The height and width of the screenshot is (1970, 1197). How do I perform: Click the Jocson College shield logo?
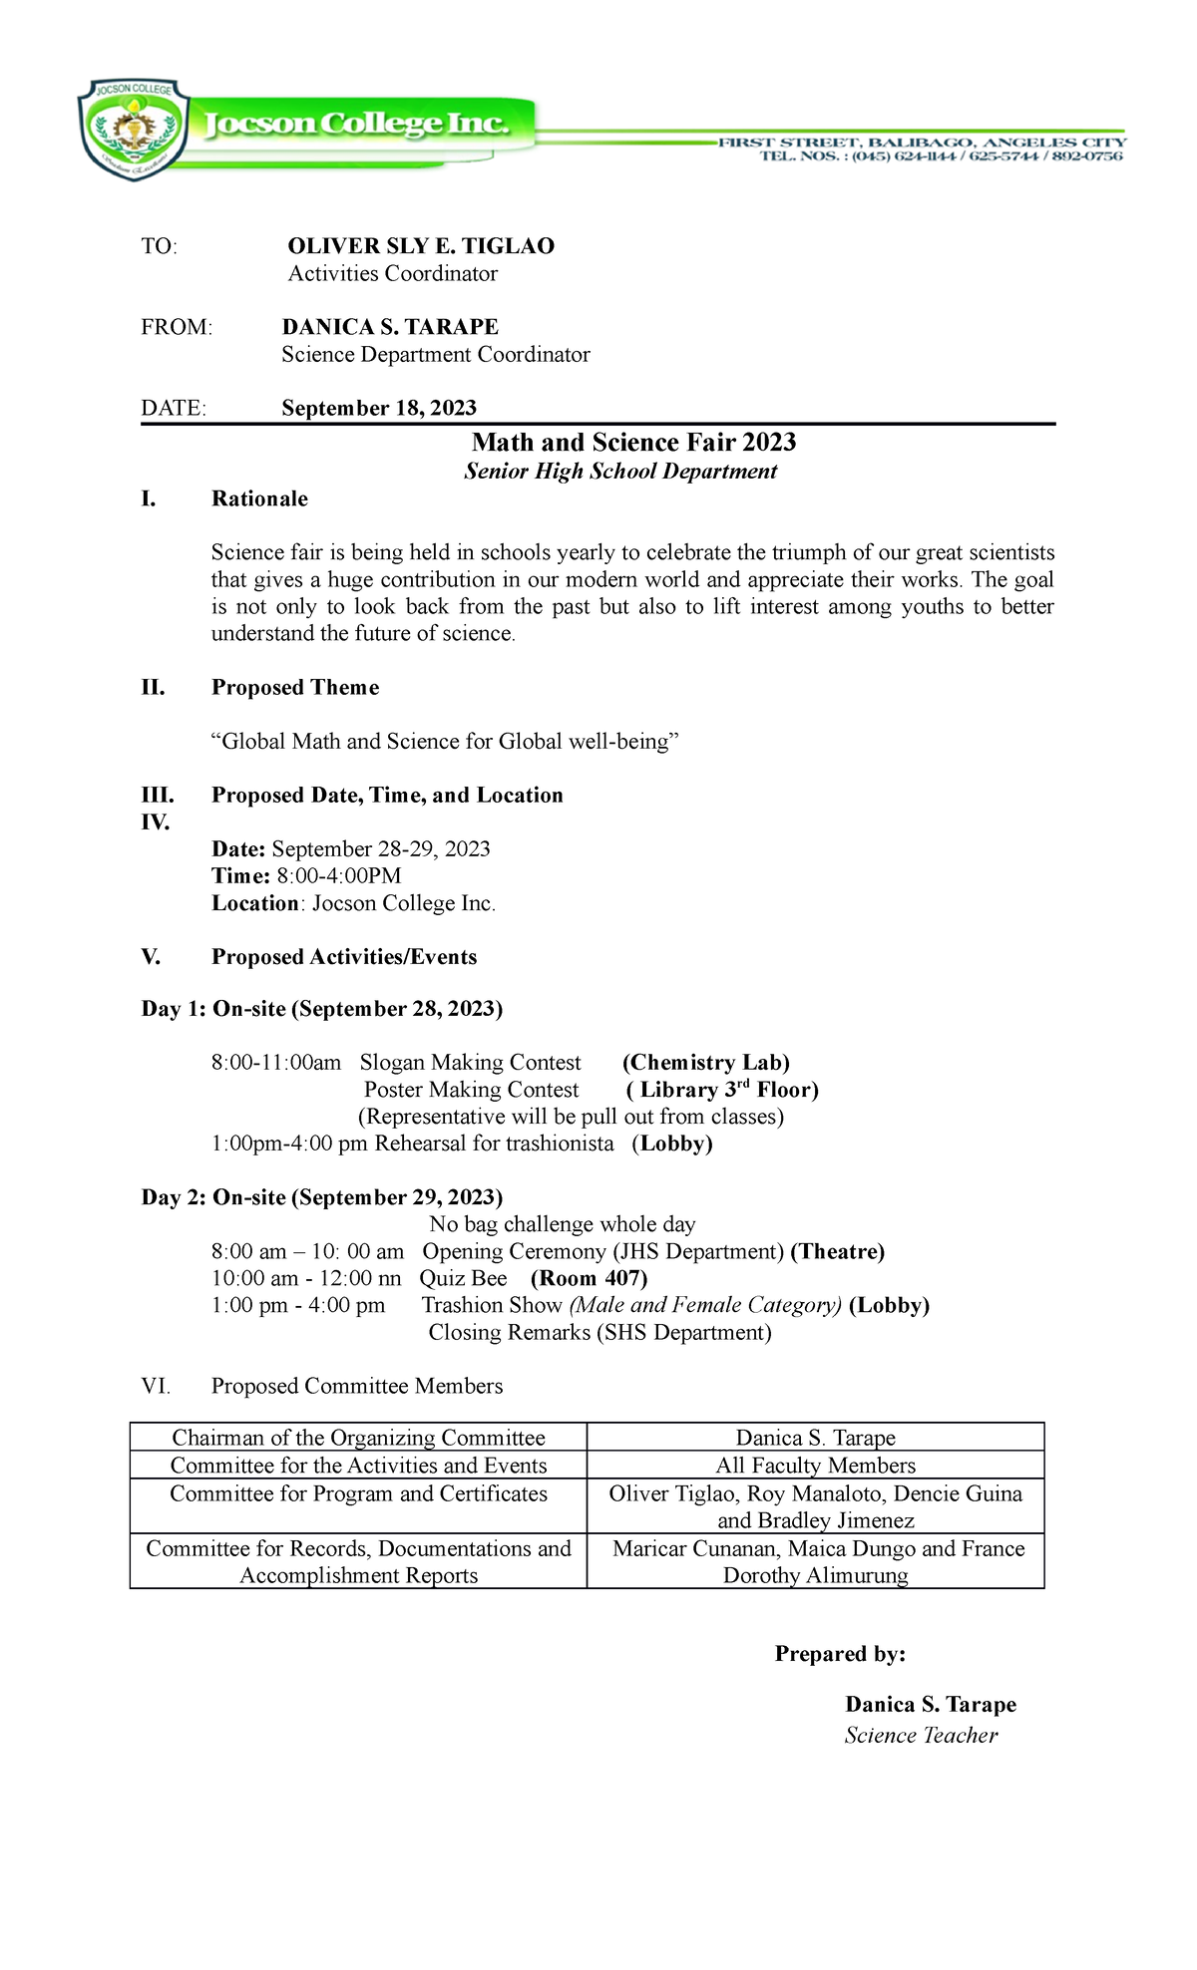click(133, 130)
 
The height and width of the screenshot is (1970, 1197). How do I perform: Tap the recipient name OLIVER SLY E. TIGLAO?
click(420, 246)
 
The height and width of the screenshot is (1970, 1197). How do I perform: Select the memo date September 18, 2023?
click(379, 408)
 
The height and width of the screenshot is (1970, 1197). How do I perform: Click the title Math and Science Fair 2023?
click(633, 443)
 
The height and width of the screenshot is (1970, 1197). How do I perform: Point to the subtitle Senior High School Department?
click(620, 472)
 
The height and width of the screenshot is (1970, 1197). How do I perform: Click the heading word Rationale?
click(259, 499)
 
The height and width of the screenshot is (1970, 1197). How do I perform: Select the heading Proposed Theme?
click(295, 688)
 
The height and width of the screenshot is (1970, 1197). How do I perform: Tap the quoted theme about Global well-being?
click(445, 742)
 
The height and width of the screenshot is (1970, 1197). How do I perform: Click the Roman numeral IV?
click(156, 822)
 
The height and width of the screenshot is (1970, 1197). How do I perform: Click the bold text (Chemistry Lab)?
click(705, 1063)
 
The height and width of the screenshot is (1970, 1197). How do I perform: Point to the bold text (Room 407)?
click(589, 1279)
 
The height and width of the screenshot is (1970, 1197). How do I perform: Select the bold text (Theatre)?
click(837, 1252)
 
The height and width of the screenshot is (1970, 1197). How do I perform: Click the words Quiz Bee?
click(463, 1279)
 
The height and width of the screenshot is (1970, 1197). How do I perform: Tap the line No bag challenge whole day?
click(562, 1224)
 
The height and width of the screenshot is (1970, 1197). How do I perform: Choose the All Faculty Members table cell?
click(815, 1466)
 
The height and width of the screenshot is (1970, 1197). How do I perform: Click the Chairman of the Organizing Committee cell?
click(358, 1438)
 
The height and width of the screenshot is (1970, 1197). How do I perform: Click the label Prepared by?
click(840, 1655)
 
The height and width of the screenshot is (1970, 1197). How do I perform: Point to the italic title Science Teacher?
click(921, 1736)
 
